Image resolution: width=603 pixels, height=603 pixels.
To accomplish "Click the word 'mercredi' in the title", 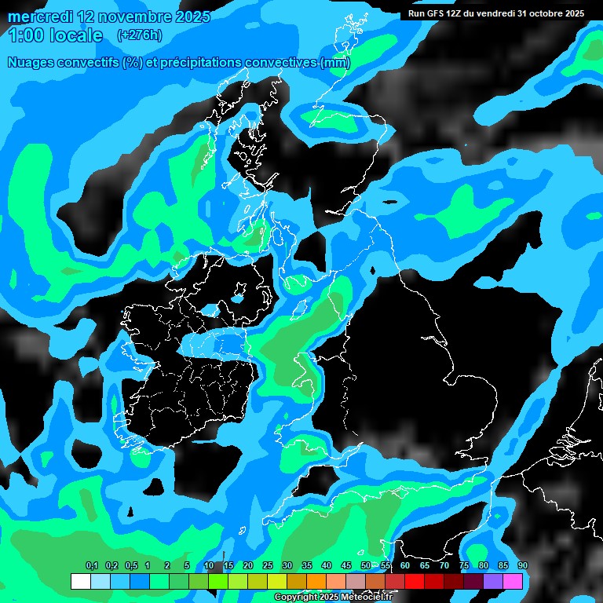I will (x=39, y=16).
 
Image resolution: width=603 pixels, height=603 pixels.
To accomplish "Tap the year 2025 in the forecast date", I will (x=191, y=16).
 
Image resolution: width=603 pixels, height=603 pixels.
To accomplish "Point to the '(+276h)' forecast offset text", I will (x=139, y=35).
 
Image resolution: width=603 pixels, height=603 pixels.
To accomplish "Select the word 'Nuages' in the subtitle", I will (x=31, y=62).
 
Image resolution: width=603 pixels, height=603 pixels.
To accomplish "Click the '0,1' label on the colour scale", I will (x=92, y=565).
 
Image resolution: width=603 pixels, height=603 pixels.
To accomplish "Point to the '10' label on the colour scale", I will (x=209, y=565).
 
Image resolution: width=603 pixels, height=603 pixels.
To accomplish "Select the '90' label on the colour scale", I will (x=522, y=565).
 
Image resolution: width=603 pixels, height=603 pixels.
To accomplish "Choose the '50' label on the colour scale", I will (x=366, y=565).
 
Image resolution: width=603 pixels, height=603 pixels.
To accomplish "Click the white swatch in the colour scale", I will (x=81, y=581).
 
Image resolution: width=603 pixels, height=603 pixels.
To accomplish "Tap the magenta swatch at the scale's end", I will (x=513, y=581).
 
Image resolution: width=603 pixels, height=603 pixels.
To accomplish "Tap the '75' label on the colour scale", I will (x=464, y=565).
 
